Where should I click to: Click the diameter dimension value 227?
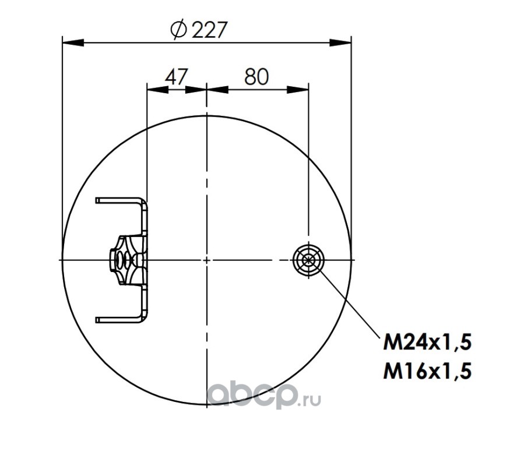pos(209,30)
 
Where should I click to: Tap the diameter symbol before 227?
pos(178,30)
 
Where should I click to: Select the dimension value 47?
pos(177,77)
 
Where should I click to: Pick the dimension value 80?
pos(256,77)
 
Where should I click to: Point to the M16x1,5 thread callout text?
pos(427,371)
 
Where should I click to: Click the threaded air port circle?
pos(308,260)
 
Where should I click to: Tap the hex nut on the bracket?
pos(114,260)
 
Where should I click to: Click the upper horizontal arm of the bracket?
pos(119,200)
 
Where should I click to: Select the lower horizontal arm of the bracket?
pos(119,320)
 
